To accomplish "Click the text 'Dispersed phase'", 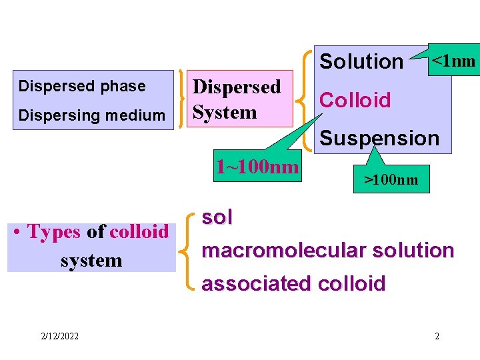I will (x=82, y=86).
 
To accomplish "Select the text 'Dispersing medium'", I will (x=92, y=115).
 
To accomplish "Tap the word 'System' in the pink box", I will (x=225, y=112).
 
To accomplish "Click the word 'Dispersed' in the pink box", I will (x=237, y=87).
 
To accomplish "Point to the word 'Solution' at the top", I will (x=361, y=61).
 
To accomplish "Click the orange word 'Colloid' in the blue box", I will (x=355, y=100).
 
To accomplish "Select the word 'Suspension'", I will (x=380, y=138).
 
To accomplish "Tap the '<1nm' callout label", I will (x=454, y=61).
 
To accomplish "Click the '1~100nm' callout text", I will (x=257, y=166).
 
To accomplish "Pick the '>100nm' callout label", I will (x=391, y=179).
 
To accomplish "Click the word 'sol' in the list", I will (x=217, y=217).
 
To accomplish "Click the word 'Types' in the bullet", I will (x=54, y=232).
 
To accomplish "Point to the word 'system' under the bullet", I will (x=91, y=260).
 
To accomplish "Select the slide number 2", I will (x=437, y=336).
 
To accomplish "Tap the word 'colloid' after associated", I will (x=352, y=284).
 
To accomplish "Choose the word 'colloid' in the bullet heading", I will (x=139, y=232).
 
